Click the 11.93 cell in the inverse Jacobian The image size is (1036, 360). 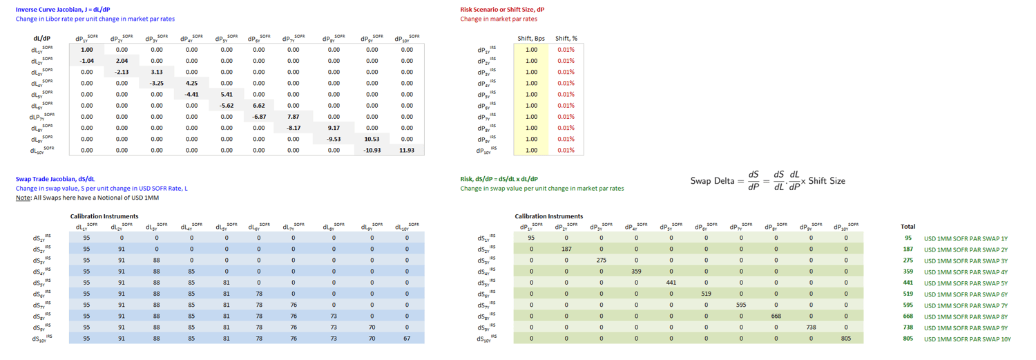pyautogui.click(x=407, y=150)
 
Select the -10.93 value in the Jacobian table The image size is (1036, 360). pyautogui.click(x=372, y=150)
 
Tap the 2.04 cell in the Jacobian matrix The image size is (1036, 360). pyautogui.click(x=122, y=61)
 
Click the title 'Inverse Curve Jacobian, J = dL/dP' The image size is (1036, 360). pyautogui.click(x=63, y=10)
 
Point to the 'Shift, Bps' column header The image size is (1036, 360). pyautogui.click(x=530, y=38)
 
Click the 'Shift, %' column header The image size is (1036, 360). pyautogui.click(x=566, y=38)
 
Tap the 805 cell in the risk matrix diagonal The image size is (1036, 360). pyautogui.click(x=846, y=339)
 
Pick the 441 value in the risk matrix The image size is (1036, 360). pyautogui.click(x=671, y=283)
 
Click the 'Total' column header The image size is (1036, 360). pyautogui.click(x=908, y=227)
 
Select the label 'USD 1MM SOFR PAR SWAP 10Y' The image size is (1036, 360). pyautogui.click(x=967, y=339)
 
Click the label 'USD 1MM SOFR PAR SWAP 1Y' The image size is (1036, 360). pyautogui.click(x=966, y=238)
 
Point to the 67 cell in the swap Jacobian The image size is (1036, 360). pyautogui.click(x=407, y=339)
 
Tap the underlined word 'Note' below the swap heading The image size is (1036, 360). pyautogui.click(x=23, y=198)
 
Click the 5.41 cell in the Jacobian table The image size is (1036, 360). pyautogui.click(x=227, y=94)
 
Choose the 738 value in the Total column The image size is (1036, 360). pyautogui.click(x=908, y=328)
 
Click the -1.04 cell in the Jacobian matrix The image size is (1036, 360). pyautogui.click(x=87, y=61)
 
